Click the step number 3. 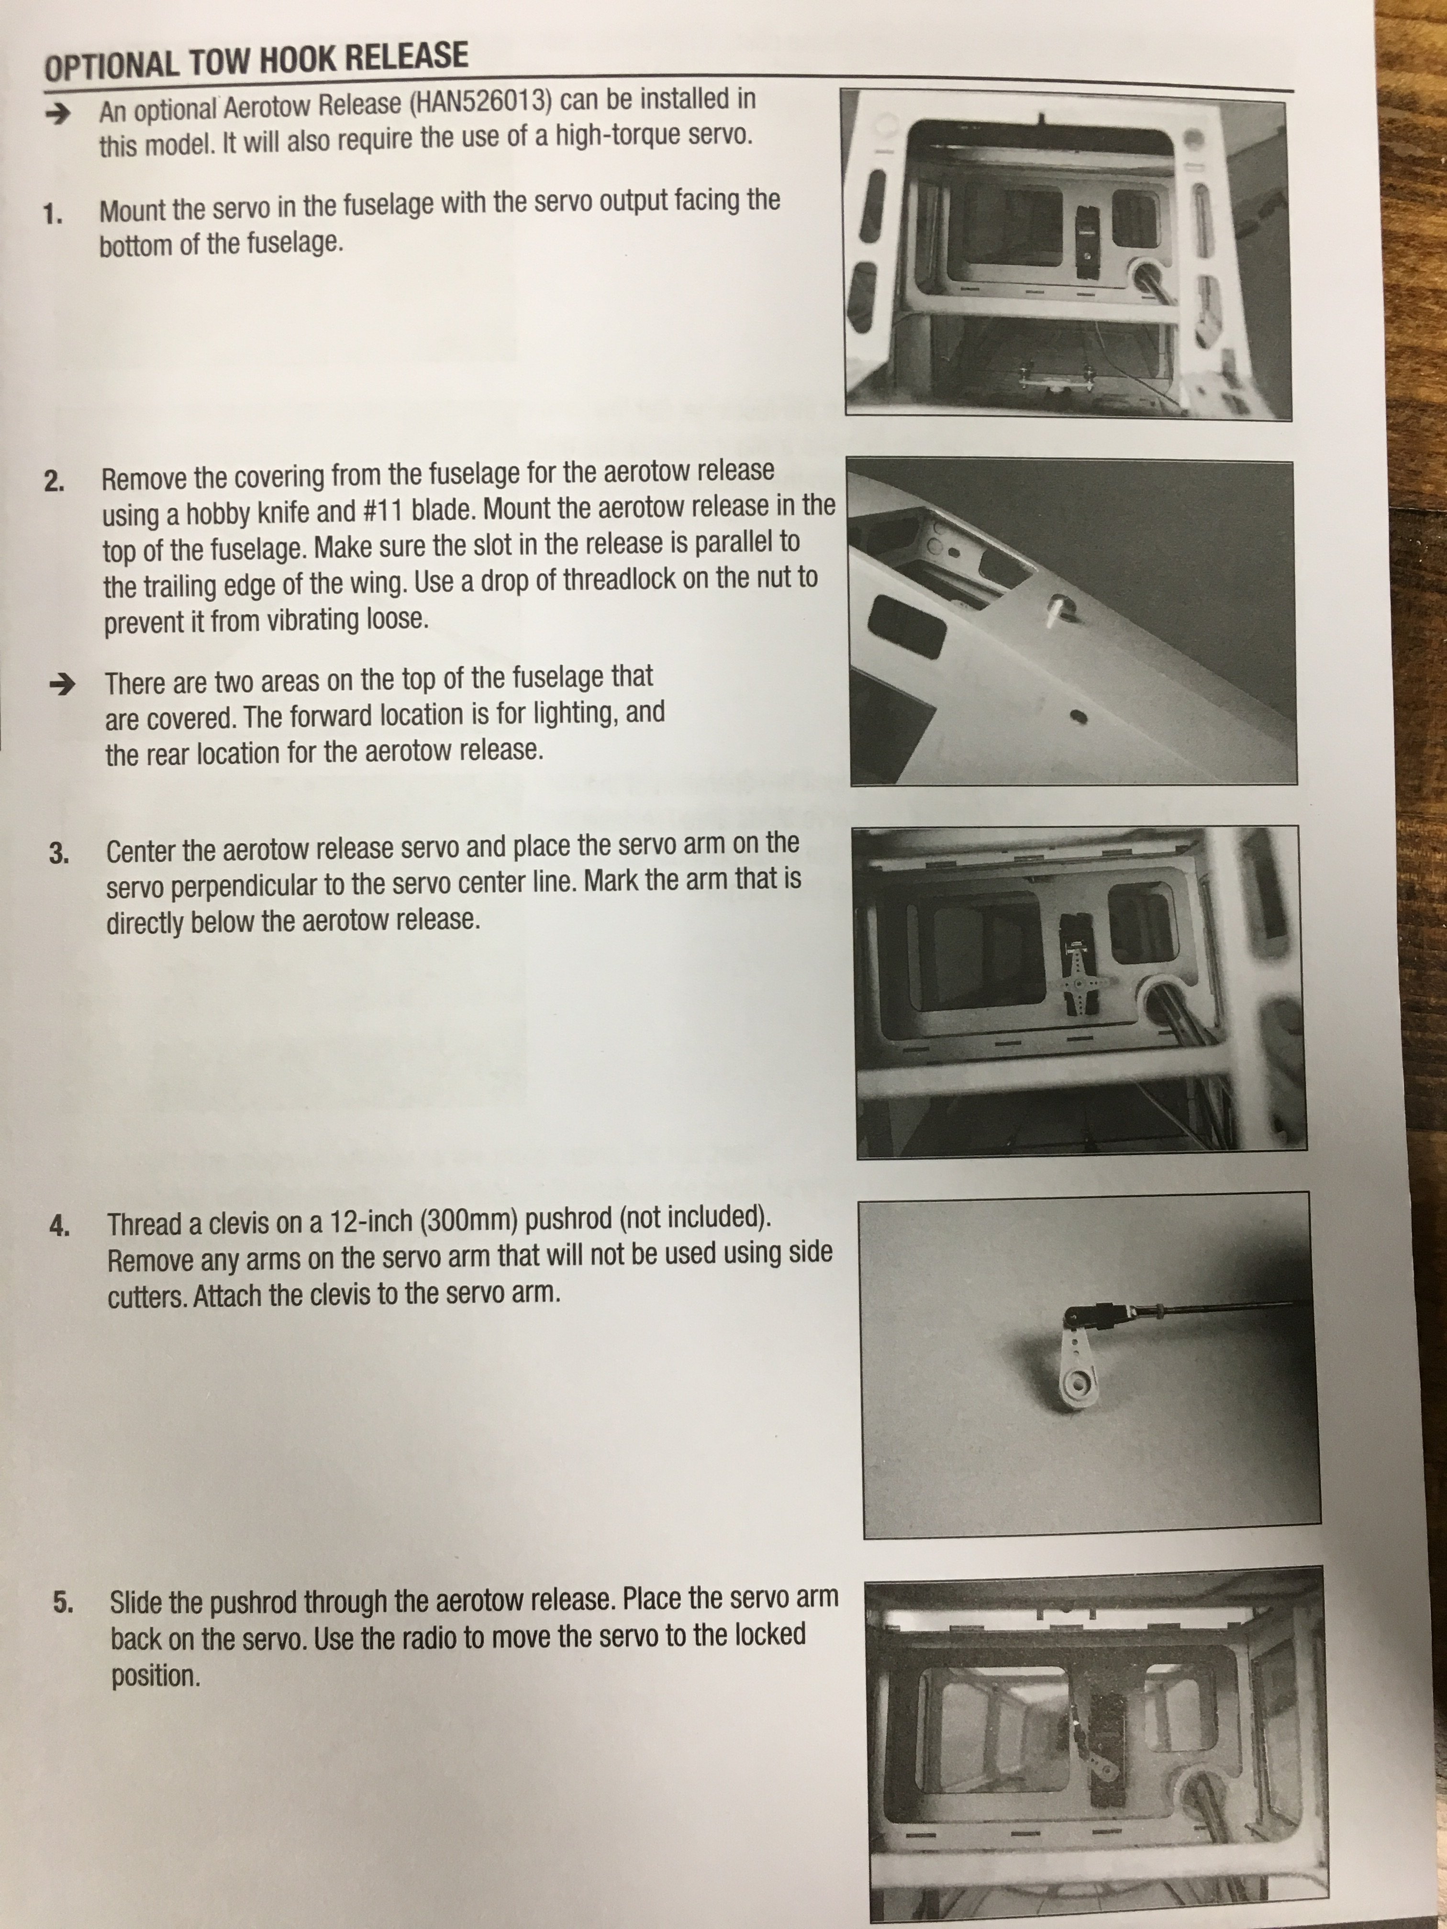59,854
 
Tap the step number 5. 64,1602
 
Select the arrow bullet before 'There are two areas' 62,685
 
